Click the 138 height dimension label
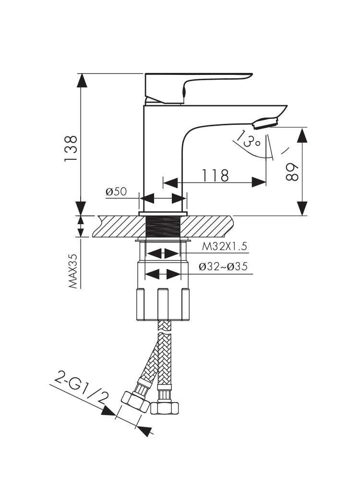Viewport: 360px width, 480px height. pyautogui.click(x=71, y=148)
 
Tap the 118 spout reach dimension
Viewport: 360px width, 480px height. pyautogui.click(x=214, y=175)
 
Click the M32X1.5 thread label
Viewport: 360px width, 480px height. pyautogui.click(x=224, y=247)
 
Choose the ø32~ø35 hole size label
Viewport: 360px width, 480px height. pyautogui.click(x=224, y=267)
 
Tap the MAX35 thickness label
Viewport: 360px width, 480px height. pyautogui.click(x=73, y=271)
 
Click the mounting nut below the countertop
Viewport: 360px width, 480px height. pyautogui.click(x=163, y=302)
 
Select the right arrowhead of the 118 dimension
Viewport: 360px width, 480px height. pyautogui.click(x=260, y=182)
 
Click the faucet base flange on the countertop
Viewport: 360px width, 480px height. pyautogui.click(x=163, y=214)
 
